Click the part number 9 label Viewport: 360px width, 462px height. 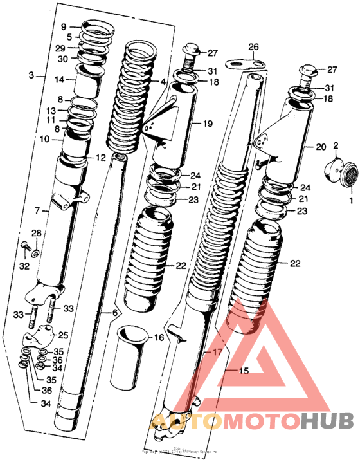64,27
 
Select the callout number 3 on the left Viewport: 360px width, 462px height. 31,75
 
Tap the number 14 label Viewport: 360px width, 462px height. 59,80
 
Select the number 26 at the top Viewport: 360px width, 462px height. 253,47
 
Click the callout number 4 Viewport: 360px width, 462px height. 163,82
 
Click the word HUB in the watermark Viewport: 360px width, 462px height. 326,421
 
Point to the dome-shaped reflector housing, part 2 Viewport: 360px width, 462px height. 333,166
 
